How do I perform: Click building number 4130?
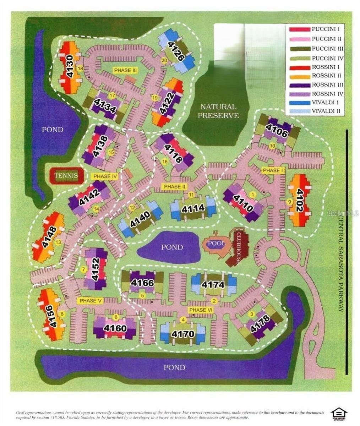tap(70, 67)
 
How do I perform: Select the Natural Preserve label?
tap(218, 111)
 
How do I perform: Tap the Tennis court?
tap(66, 175)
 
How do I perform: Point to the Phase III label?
tap(125, 70)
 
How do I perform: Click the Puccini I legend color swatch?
tap(298, 29)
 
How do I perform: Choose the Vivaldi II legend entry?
tap(327, 111)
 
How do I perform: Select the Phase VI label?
tap(201, 310)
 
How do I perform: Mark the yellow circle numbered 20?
tap(164, 60)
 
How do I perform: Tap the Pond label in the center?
tap(172, 247)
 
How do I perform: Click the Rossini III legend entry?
tap(327, 84)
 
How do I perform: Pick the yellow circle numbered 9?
tap(289, 202)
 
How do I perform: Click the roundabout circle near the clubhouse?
tap(273, 253)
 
